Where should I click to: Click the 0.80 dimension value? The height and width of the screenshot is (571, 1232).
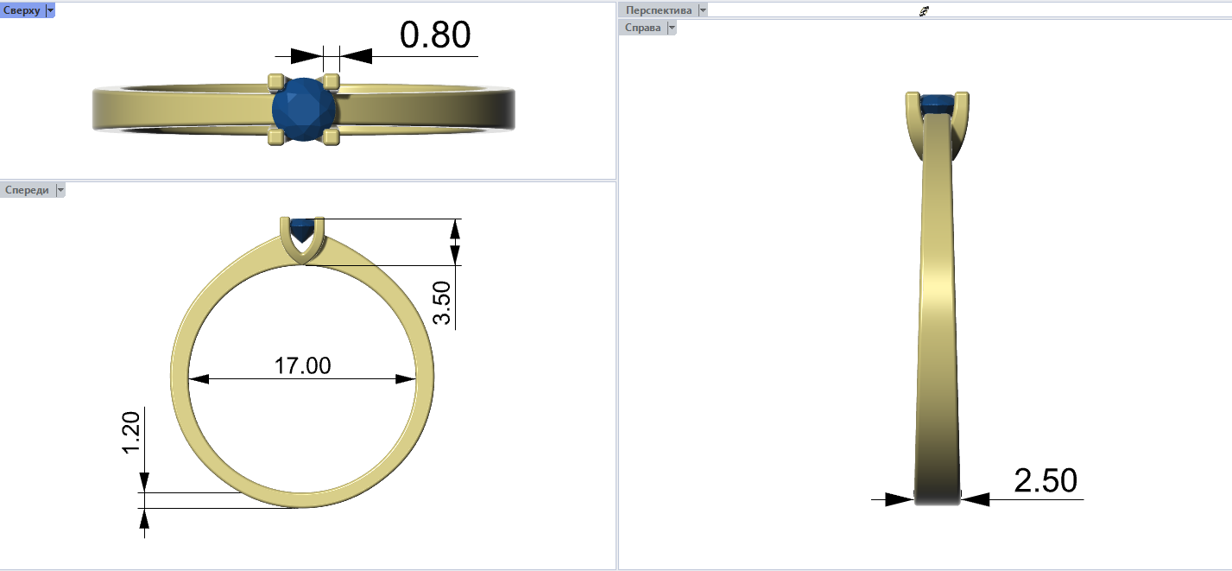(x=435, y=35)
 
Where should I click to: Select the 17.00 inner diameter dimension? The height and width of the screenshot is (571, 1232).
(x=302, y=365)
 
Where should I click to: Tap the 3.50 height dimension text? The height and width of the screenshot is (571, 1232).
(x=442, y=302)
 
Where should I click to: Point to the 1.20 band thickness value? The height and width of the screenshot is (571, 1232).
(x=131, y=433)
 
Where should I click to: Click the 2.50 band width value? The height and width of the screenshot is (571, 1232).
(x=1045, y=480)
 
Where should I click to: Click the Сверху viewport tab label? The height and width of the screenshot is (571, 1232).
(x=22, y=10)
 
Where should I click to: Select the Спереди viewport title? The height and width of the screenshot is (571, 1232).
(x=27, y=190)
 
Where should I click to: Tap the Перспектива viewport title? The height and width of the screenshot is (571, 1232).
(x=659, y=10)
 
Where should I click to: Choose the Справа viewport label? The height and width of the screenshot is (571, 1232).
(x=642, y=28)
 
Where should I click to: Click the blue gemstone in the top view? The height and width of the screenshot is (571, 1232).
(x=304, y=110)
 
